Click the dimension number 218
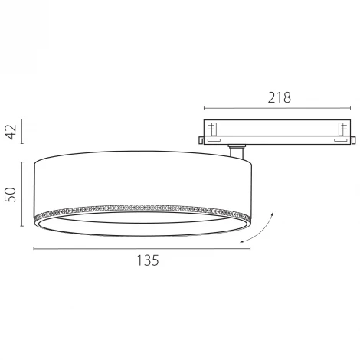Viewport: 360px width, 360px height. [x=280, y=97]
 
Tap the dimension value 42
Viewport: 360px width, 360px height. [x=11, y=132]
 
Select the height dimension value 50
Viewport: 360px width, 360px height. [x=11, y=195]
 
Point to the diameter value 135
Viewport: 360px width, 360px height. [x=148, y=260]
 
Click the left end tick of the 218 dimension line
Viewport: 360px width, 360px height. [x=204, y=108]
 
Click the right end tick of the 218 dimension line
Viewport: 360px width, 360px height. [x=351, y=108]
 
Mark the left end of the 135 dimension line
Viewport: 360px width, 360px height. [x=34, y=248]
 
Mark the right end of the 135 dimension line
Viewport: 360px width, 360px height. [x=250, y=248]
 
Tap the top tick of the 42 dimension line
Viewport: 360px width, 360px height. [x=22, y=119]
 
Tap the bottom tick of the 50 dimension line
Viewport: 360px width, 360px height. [x=22, y=226]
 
